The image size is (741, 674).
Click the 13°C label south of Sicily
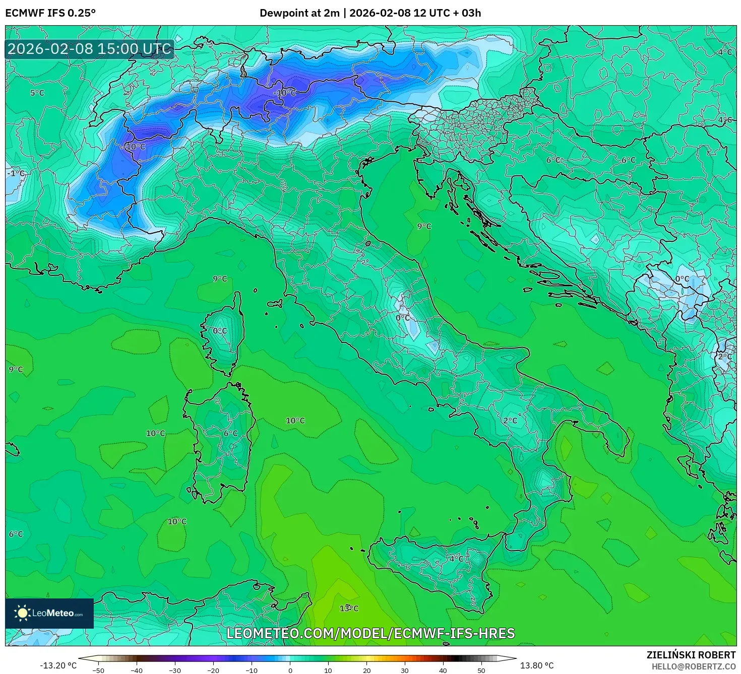349,609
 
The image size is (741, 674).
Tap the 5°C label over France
37,93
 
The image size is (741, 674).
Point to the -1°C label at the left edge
16,173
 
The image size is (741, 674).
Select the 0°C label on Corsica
220,331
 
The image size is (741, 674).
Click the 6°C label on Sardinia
230,433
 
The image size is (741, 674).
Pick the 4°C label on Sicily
456,559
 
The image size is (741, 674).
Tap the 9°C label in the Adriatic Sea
424,227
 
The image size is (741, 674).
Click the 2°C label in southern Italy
510,421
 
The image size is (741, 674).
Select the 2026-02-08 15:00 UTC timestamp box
90,49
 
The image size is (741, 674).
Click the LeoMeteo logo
49,613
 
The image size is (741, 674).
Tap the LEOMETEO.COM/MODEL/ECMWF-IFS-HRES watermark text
371,633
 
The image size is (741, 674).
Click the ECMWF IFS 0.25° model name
50,13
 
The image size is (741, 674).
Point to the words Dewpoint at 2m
299,13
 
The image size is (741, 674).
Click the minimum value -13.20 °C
58,665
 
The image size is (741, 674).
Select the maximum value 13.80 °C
537,665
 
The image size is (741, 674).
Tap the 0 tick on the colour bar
290,670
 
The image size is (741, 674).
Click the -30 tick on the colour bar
174,670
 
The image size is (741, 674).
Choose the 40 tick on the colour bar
443,670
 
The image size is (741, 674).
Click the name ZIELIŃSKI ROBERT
691,655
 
